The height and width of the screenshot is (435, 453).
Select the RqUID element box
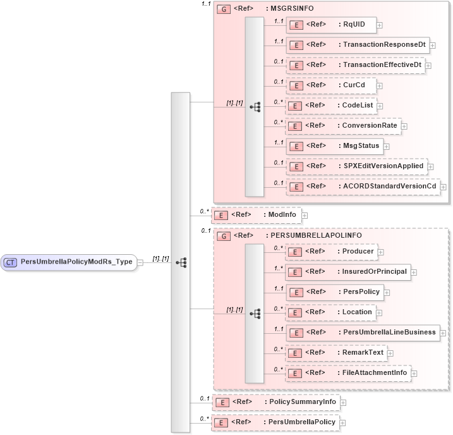pyautogui.click(x=331, y=25)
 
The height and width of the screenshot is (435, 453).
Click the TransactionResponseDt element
pyautogui.click(x=358, y=45)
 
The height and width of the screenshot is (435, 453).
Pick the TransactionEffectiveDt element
pyautogui.click(x=354, y=65)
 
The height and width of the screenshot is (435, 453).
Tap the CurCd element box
pyautogui.click(x=331, y=85)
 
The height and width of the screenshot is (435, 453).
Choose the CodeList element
pyautogui.click(x=331, y=106)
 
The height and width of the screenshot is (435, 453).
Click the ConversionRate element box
pyautogui.click(x=342, y=126)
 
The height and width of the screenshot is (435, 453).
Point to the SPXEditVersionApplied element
pyautogui.click(x=356, y=166)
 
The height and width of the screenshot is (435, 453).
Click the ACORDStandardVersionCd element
pyautogui.click(x=362, y=187)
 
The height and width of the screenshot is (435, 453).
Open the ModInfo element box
pyautogui.click(x=255, y=215)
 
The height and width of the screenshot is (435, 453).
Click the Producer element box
pyautogui.click(x=331, y=252)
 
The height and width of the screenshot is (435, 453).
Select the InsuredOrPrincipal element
pyautogui.click(x=347, y=272)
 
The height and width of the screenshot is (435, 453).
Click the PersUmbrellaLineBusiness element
pyautogui.click(x=362, y=333)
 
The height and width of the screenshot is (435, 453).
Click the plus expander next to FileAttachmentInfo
pyautogui.click(x=414, y=374)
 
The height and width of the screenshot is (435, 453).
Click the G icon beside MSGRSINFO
pyautogui.click(x=223, y=9)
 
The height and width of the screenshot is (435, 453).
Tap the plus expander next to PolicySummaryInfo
pyautogui.click(x=343, y=402)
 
